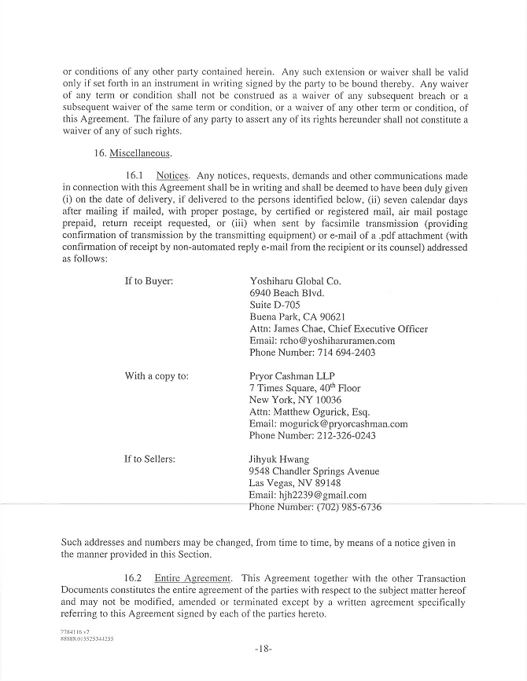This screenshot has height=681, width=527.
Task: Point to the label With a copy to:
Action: coord(157,375)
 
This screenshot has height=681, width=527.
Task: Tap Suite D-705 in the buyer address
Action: coord(275,305)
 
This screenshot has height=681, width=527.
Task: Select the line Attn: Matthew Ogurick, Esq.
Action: coord(309,412)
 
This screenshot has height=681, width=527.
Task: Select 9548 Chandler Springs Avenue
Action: coord(314,471)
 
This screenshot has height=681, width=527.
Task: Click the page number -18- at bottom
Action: coord(263,650)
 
